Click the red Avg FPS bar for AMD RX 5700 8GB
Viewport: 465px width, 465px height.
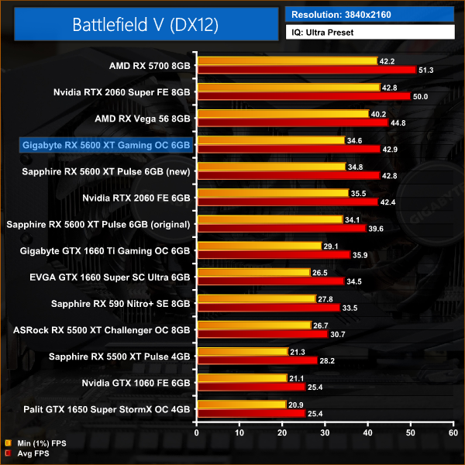307,70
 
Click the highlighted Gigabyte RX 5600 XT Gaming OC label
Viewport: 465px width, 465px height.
106,145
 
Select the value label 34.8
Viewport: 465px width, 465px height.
356,167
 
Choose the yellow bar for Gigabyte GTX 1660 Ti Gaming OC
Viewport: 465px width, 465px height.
260,246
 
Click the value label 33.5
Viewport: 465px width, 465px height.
351,308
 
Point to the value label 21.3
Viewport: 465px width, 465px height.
299,351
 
